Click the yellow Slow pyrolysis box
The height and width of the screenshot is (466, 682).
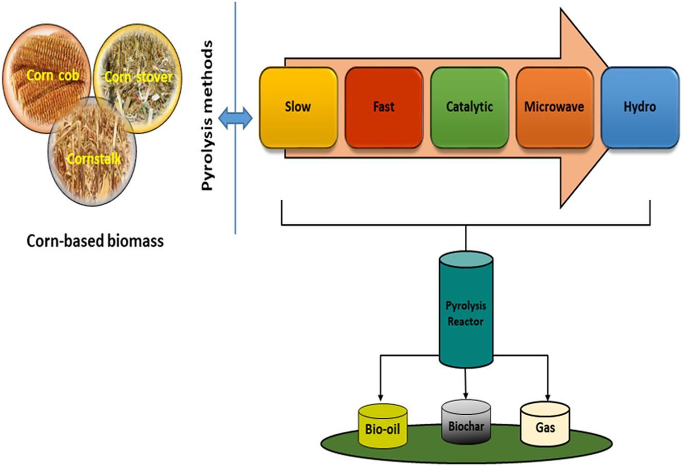click(x=298, y=107)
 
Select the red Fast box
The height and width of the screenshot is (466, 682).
click(x=384, y=107)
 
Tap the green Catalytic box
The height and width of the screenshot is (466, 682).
click(x=469, y=107)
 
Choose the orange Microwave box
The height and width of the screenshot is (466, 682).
click(x=554, y=107)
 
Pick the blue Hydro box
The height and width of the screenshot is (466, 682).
click(x=639, y=107)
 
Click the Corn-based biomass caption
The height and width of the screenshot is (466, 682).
click(x=95, y=241)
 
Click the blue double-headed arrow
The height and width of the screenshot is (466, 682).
click(x=235, y=119)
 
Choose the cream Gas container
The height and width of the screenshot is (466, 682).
click(x=545, y=425)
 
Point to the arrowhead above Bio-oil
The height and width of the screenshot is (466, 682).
click(x=381, y=397)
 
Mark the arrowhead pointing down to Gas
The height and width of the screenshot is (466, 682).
click(x=547, y=397)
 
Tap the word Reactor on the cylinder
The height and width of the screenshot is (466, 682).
click(x=465, y=322)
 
